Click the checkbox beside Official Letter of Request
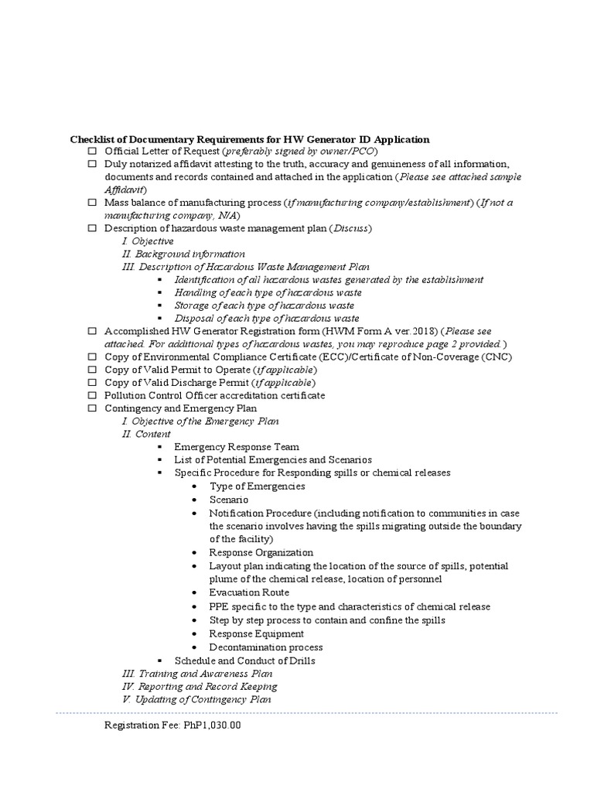pos(91,152)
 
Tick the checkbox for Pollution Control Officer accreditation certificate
pos(91,395)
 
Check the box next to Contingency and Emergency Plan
pos(91,408)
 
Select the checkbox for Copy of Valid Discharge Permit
pos(91,383)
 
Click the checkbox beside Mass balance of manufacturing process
pos(91,203)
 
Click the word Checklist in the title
pos(92,139)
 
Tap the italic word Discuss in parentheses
pos(352,229)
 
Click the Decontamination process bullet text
pos(265,647)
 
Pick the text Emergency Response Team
pos(236,447)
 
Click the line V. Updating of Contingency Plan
pos(196,699)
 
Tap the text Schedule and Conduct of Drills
pos(244,661)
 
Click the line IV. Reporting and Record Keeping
pos(200,686)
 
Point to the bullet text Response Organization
pos(261,552)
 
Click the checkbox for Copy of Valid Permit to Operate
pos(91,370)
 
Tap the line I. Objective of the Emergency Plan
pos(201,422)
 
